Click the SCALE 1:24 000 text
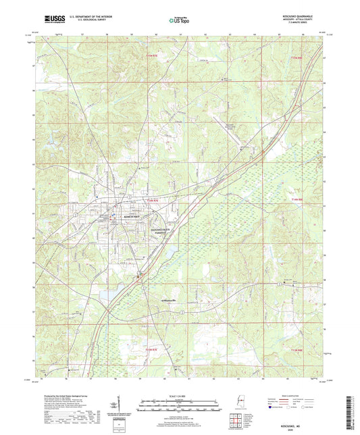click(179, 395)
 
